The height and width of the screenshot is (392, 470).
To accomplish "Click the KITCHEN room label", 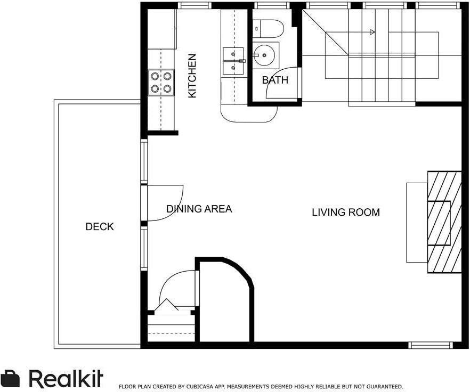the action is (x=192, y=76).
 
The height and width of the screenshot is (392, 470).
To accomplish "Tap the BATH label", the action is (x=275, y=80).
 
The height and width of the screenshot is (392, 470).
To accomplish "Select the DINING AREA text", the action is (x=199, y=209).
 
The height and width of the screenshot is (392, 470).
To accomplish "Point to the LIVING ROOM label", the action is (x=346, y=213).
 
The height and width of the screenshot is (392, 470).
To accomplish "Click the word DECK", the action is (x=100, y=226).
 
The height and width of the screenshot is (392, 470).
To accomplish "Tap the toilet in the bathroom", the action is (x=268, y=29).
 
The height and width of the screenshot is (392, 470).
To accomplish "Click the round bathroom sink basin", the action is (x=264, y=55).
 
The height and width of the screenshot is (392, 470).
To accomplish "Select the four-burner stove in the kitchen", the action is (x=161, y=83).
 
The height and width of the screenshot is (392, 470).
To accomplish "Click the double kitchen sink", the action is (x=233, y=61).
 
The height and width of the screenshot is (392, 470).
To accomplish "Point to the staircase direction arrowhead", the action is (x=372, y=32).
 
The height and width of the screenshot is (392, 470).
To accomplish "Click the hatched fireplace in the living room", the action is (x=444, y=222).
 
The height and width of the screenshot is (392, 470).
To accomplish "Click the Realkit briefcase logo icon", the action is (x=10, y=379).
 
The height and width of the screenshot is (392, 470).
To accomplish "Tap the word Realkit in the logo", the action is (x=66, y=379).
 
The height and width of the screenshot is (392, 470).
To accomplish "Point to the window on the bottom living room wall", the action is (x=431, y=345).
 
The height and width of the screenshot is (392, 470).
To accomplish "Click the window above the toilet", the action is (x=272, y=5).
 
